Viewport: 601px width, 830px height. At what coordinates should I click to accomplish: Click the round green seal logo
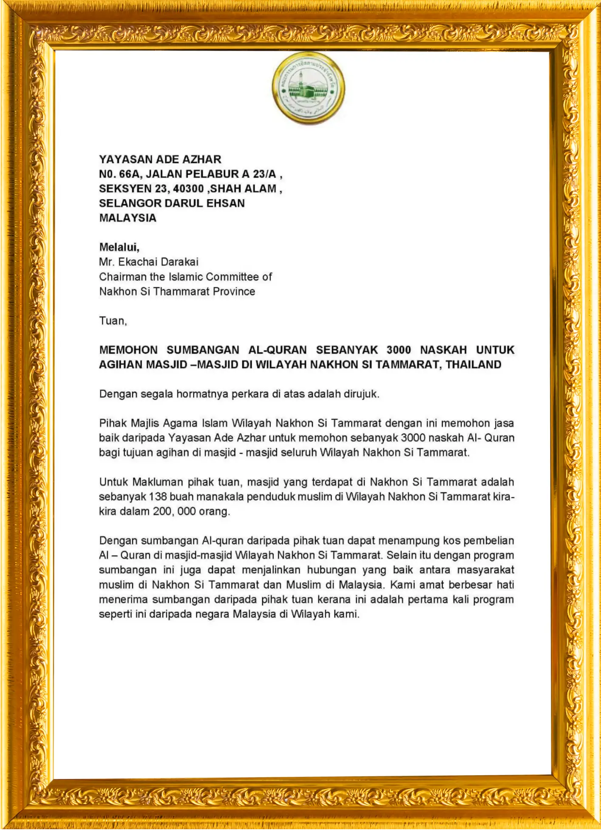click(308, 88)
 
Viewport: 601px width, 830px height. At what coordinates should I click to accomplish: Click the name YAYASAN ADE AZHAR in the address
click(160, 159)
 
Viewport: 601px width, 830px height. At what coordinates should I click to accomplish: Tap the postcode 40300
click(188, 188)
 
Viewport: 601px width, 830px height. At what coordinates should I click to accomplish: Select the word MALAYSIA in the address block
click(128, 218)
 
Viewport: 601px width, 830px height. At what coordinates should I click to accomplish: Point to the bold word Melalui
click(119, 247)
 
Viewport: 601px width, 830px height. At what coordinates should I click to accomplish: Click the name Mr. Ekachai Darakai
click(149, 262)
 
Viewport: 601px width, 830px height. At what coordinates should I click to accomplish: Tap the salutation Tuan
click(113, 321)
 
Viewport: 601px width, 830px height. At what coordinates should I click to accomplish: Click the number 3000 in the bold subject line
click(399, 350)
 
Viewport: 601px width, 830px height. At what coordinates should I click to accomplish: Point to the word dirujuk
click(361, 394)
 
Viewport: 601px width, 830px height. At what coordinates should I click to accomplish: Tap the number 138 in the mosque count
click(158, 496)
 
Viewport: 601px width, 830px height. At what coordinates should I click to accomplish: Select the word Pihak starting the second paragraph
click(113, 423)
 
